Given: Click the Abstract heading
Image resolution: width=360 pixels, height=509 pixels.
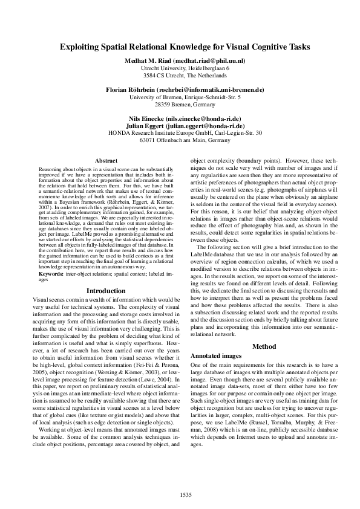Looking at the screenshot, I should [106, 160].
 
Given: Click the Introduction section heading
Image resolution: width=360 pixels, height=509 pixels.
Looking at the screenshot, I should [106, 291].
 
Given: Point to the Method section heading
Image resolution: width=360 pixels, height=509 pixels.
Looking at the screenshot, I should [263, 346].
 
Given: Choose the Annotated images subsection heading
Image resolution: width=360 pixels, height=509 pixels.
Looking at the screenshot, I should [216, 356].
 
